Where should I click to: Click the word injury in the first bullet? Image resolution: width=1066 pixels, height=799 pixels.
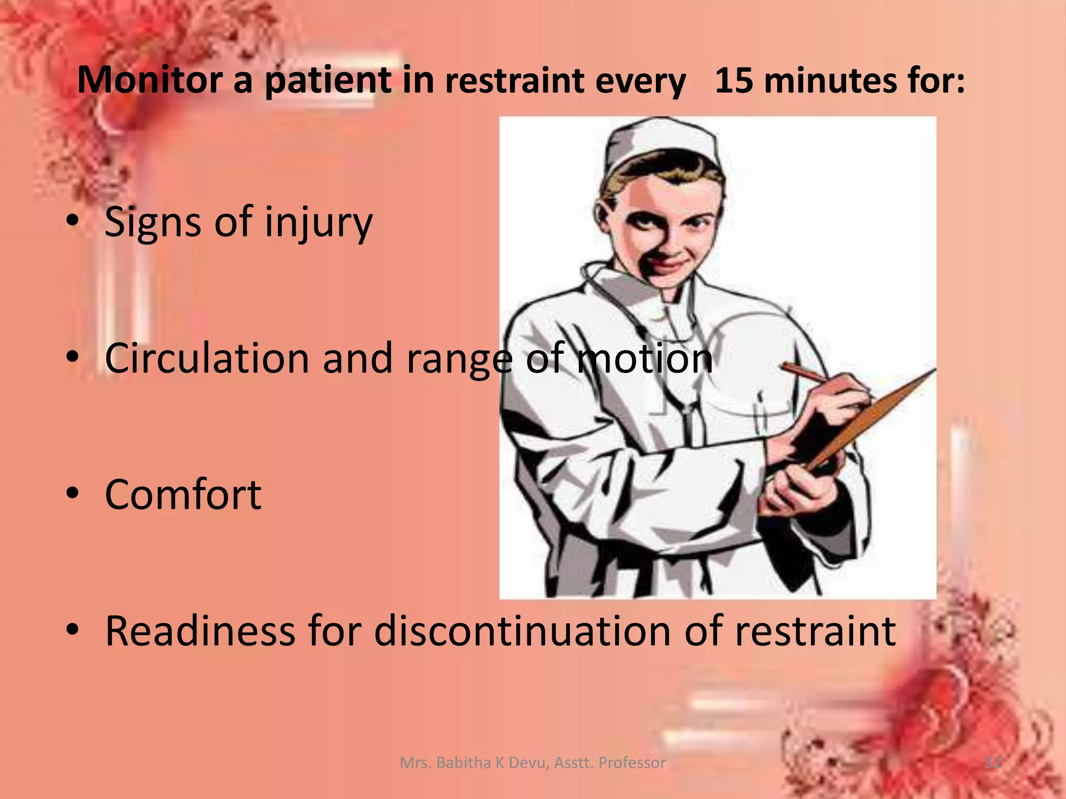(319, 223)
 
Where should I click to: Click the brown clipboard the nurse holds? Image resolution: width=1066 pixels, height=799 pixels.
(874, 416)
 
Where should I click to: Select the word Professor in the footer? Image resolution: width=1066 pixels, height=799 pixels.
(632, 763)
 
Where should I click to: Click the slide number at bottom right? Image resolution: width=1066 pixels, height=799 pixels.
(992, 763)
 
